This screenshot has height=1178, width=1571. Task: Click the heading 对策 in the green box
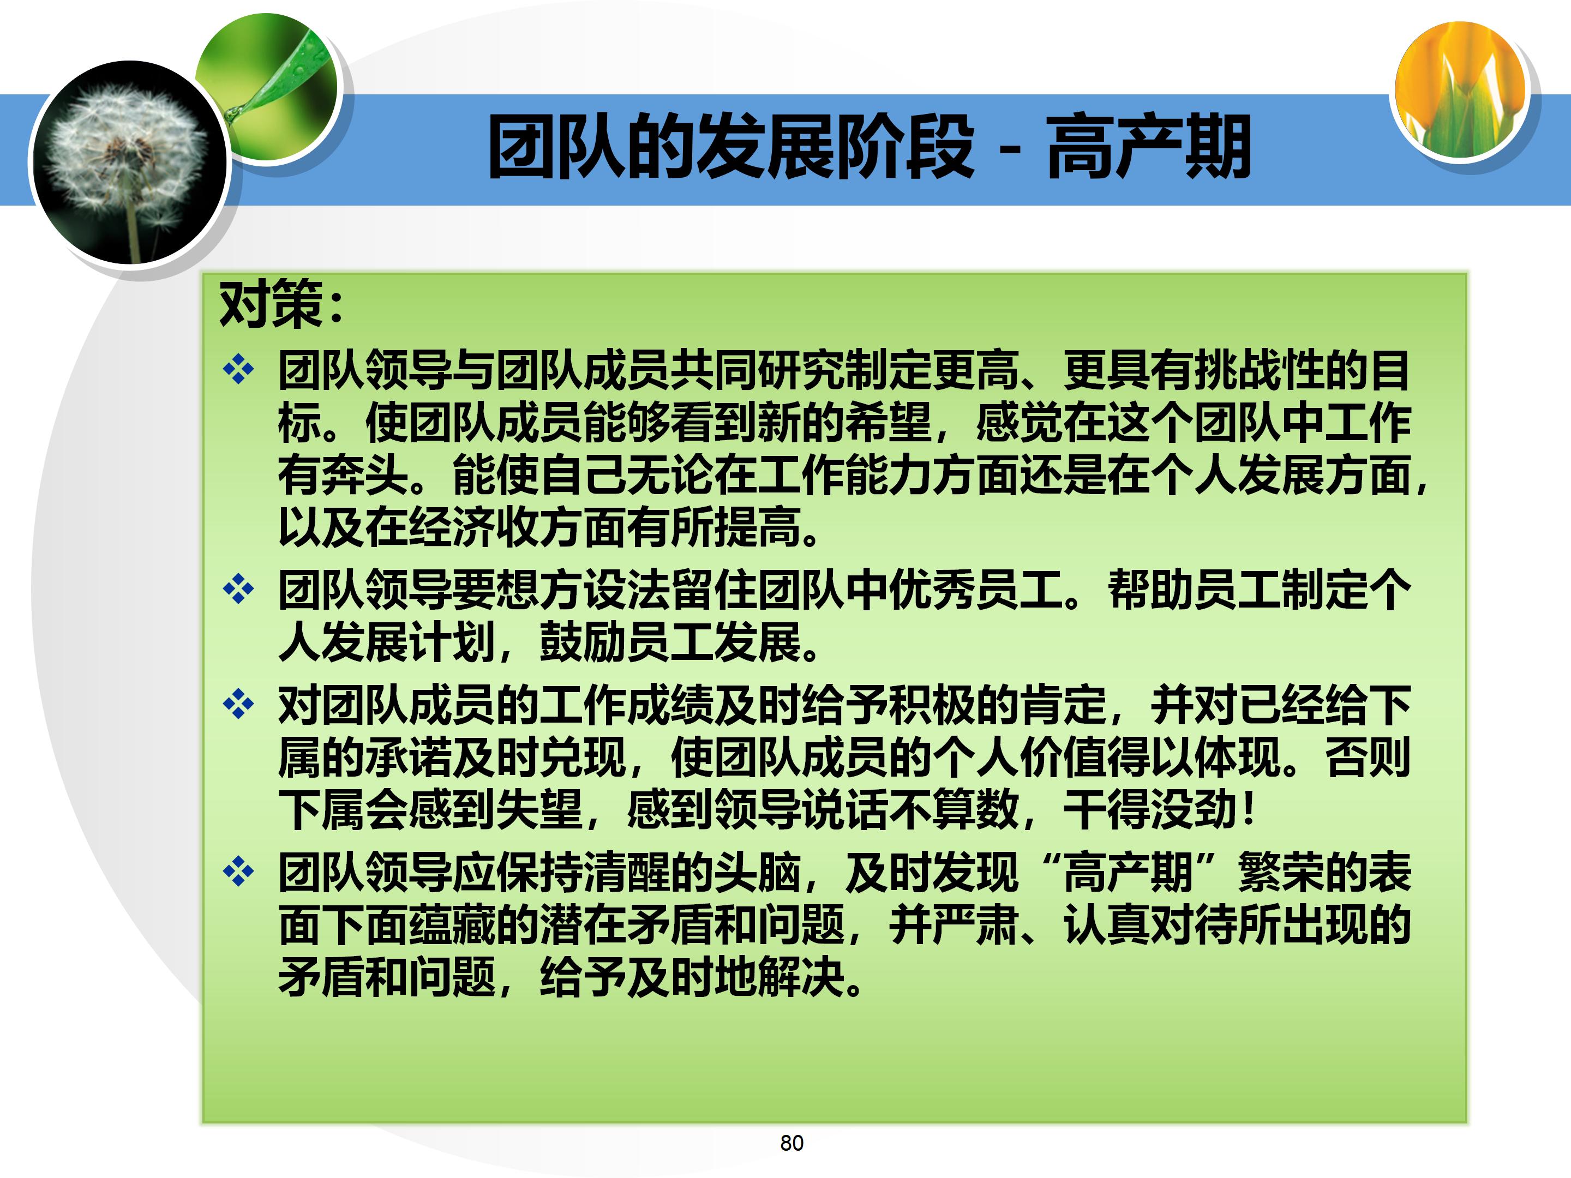271,305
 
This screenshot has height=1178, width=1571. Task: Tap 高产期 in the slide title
1148,148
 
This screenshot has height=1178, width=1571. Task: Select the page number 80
791,1143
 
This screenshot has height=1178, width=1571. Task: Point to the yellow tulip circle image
1460,89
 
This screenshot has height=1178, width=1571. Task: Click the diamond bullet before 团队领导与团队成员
238,369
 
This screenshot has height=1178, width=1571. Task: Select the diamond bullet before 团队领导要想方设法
238,590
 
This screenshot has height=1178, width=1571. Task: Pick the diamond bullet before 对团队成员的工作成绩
238,705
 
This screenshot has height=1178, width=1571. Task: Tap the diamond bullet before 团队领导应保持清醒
238,872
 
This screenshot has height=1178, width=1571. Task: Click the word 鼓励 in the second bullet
583,642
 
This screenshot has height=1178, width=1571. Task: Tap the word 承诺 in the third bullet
409,758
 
